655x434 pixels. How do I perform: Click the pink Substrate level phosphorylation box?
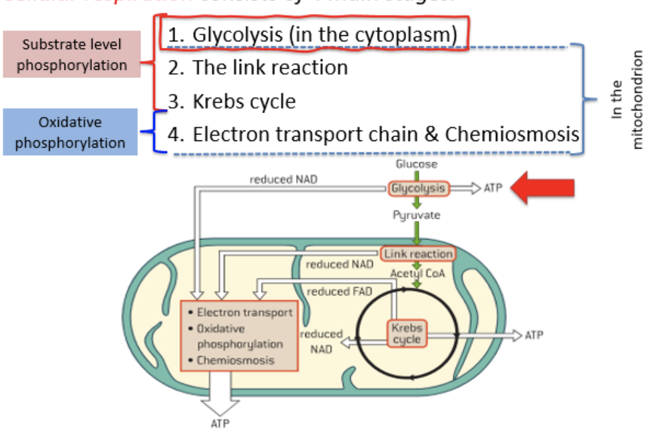point(71,55)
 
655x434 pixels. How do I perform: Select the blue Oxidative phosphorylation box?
point(70,132)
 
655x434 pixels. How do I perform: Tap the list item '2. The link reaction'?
point(258,67)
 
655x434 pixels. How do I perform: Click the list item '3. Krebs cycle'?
point(232,101)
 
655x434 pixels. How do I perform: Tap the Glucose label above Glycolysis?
point(417,164)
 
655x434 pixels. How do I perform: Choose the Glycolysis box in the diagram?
point(417,188)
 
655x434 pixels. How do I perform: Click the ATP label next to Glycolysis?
point(493,188)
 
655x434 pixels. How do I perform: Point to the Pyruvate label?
point(417,215)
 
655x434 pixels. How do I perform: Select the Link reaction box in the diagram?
point(417,254)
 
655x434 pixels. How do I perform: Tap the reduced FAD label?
point(339,291)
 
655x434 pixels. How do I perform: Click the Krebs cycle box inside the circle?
point(406,333)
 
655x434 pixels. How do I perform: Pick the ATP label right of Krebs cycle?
point(533,335)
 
